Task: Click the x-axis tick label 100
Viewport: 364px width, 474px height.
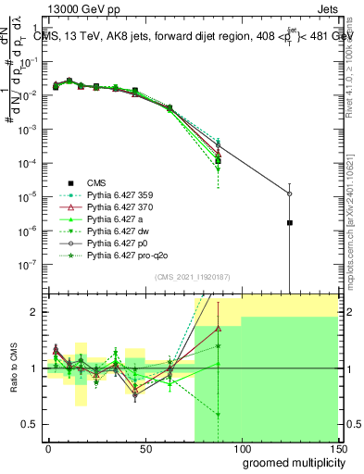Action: click(242, 448)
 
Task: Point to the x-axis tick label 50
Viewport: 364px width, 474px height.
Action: click(145, 448)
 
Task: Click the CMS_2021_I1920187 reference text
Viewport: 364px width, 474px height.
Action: click(192, 277)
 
